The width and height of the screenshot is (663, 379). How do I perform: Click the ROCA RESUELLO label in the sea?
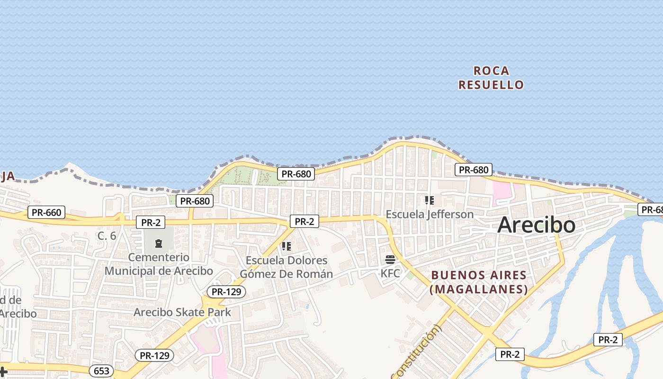[x=491, y=78]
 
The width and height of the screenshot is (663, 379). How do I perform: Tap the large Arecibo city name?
[x=536, y=225]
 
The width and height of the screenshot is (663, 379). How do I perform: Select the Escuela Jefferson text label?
[x=430, y=214]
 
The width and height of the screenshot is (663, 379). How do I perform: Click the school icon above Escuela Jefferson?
[x=430, y=200]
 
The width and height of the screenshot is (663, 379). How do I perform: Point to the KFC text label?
[x=390, y=273]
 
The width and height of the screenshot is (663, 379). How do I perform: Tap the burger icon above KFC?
[x=390, y=260]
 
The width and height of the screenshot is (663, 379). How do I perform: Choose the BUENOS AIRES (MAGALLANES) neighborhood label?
[x=478, y=282]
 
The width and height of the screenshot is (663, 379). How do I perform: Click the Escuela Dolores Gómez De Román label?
[x=286, y=267]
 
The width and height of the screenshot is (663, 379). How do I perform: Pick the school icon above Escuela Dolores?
[x=286, y=246]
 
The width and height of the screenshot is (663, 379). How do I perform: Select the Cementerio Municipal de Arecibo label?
[x=159, y=264]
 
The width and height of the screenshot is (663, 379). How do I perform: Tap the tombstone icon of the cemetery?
[x=159, y=244]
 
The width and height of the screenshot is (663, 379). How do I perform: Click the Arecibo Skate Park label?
[x=182, y=312]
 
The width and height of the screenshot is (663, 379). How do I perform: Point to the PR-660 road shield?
[x=46, y=212]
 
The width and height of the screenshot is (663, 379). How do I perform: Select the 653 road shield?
[x=102, y=370]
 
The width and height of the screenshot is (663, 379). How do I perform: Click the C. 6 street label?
[x=107, y=235]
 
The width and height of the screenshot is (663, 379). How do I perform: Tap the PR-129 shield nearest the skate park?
[x=226, y=292]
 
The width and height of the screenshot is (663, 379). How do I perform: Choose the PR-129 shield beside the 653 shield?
[x=154, y=355]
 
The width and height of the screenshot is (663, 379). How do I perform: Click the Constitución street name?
[x=417, y=351]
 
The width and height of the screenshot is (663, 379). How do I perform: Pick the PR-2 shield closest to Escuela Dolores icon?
[x=304, y=221]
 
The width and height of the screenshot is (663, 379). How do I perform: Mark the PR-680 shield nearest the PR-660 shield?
[x=195, y=201]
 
